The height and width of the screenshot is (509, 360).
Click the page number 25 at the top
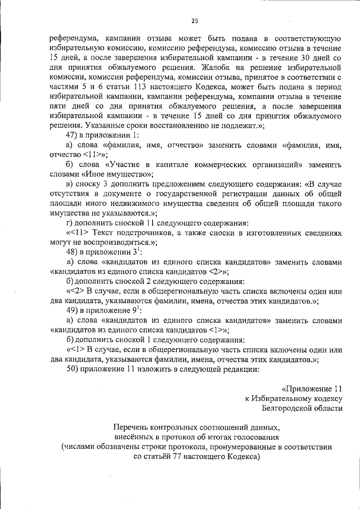(x=195, y=21)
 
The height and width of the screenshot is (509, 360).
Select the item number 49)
(x=73, y=310)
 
